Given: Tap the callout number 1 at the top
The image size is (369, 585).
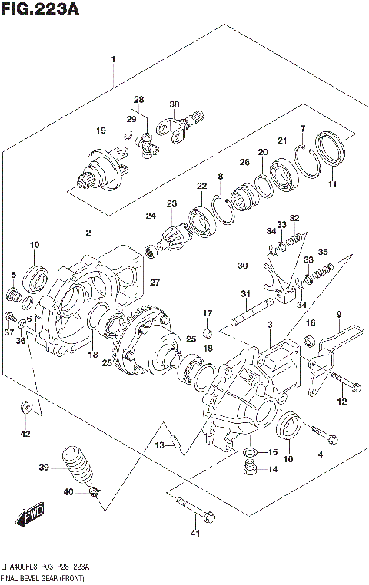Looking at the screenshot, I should (x=113, y=59).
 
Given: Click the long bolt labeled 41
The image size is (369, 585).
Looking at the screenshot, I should (x=195, y=508).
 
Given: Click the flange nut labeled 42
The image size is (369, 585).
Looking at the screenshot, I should (x=25, y=409).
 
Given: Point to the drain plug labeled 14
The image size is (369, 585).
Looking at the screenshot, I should (x=248, y=469).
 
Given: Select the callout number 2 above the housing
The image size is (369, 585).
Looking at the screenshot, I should (x=88, y=233).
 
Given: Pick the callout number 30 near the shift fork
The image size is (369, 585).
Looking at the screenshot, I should (x=243, y=266).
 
